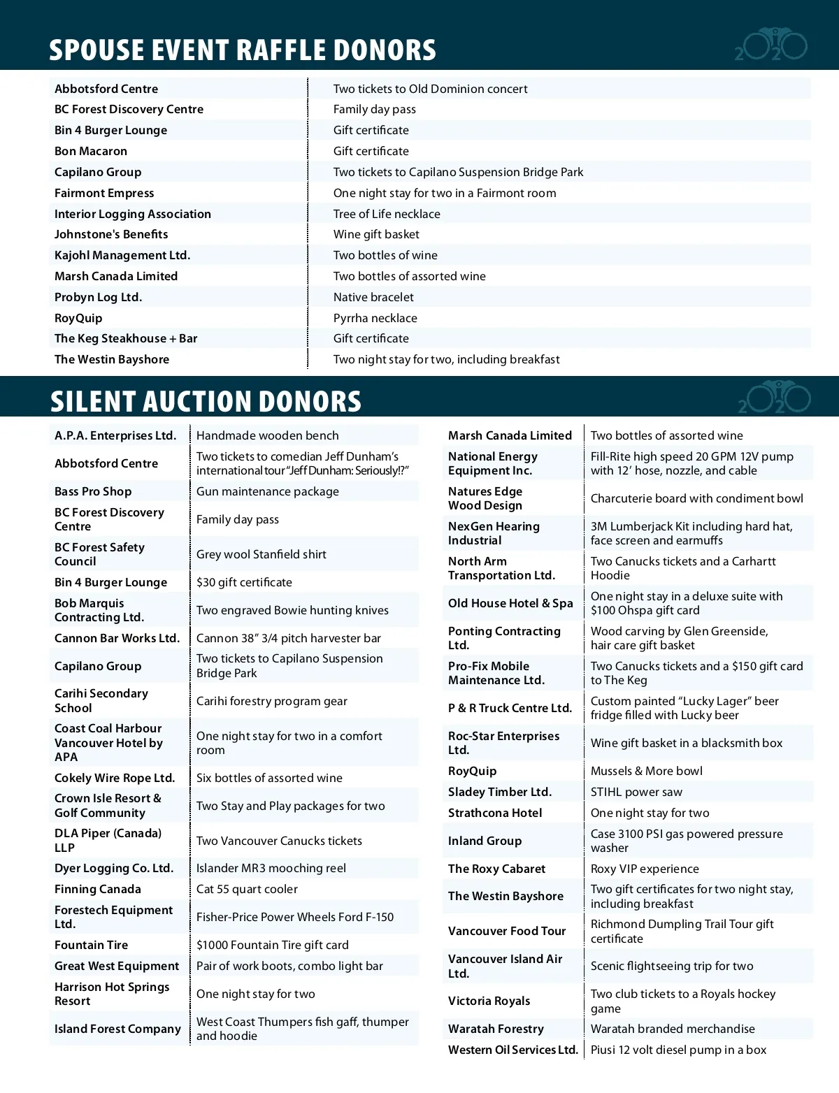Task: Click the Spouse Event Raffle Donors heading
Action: (242, 50)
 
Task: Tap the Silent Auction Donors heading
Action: (206, 401)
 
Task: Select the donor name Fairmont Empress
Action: (104, 193)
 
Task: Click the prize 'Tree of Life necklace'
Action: (387, 214)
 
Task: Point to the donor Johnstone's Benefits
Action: (111, 234)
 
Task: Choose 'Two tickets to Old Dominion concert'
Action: (430, 89)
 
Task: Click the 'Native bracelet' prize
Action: (373, 297)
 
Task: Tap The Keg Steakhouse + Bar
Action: (126, 338)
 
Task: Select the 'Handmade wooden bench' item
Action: (267, 435)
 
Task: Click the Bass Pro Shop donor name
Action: (93, 491)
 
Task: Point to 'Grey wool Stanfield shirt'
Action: (261, 554)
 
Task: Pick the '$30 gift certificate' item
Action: (244, 582)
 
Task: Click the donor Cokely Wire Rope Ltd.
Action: (115, 778)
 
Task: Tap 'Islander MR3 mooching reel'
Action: (271, 868)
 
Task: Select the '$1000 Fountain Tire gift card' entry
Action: (272, 945)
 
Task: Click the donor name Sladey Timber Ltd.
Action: (500, 792)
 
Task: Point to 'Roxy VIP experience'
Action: (645, 869)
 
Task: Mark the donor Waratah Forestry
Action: (496, 1029)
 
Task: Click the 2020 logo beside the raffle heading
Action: (771, 46)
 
